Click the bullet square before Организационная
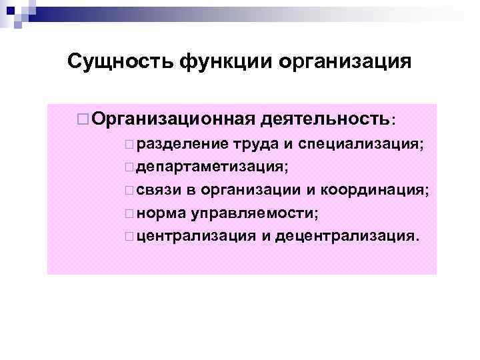tap(83, 119)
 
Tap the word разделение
tap(175, 144)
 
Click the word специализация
tap(360, 144)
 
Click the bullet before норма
tap(127, 215)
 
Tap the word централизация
tap(193, 237)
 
